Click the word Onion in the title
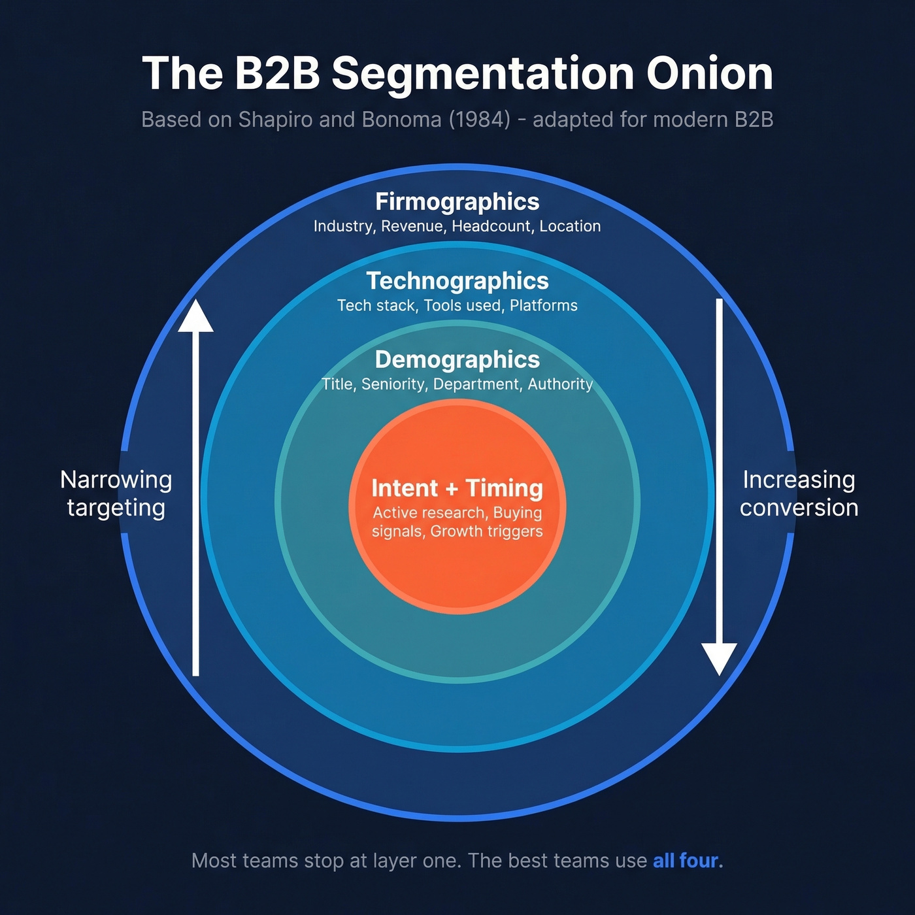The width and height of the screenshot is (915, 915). [x=710, y=73]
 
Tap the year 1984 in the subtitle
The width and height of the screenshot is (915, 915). [x=479, y=120]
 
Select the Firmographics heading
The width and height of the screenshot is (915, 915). [x=457, y=202]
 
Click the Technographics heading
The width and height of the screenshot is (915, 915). [x=457, y=281]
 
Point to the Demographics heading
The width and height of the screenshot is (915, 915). [x=457, y=360]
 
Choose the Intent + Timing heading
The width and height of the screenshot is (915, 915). [x=457, y=488]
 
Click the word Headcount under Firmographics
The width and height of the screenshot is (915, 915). [x=492, y=226]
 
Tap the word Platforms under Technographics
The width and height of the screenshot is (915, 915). [x=543, y=305]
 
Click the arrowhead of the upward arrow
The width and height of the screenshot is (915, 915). [x=195, y=316]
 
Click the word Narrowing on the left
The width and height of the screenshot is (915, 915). [x=116, y=480]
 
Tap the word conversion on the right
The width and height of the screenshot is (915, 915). [x=799, y=508]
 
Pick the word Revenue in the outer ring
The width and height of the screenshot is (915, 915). [x=412, y=226]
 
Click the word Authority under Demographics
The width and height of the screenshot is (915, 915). [x=560, y=384]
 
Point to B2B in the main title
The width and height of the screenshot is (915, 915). [x=277, y=73]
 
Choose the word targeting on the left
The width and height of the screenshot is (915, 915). [x=116, y=508]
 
